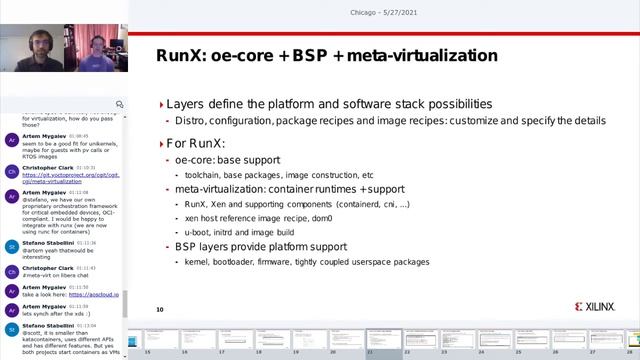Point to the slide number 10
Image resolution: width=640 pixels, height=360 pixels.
pyautogui.click(x=160, y=310)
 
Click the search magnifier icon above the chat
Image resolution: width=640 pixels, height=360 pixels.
pyautogui.click(x=120, y=103)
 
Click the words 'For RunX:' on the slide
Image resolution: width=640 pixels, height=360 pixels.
pyautogui.click(x=197, y=142)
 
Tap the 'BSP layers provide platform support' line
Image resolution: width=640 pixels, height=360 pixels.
pyautogui.click(x=261, y=247)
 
